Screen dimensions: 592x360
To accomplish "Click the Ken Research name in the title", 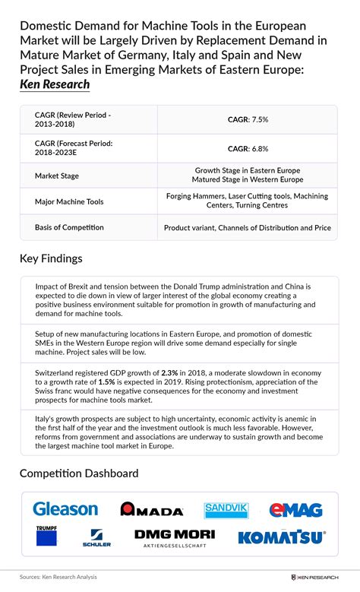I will click(x=55, y=84).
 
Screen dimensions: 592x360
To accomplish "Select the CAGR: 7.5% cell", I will click(x=247, y=119).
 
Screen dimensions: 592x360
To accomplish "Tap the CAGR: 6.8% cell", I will click(x=247, y=149).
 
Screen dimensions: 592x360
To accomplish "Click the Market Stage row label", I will click(x=57, y=176).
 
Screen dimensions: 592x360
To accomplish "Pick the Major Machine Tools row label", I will click(x=70, y=202).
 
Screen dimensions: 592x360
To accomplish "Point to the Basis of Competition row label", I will click(x=69, y=227).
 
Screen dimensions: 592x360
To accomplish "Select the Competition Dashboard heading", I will click(x=79, y=473).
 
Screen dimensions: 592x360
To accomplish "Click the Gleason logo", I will click(x=65, y=509).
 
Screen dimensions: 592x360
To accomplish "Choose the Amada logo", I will click(x=152, y=510).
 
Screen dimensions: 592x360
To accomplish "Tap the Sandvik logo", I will click(x=226, y=510).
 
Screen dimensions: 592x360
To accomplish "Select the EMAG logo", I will click(x=295, y=510).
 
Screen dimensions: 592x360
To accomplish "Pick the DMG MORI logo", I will click(x=174, y=537).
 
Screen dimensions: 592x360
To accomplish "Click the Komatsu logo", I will click(x=282, y=537).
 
